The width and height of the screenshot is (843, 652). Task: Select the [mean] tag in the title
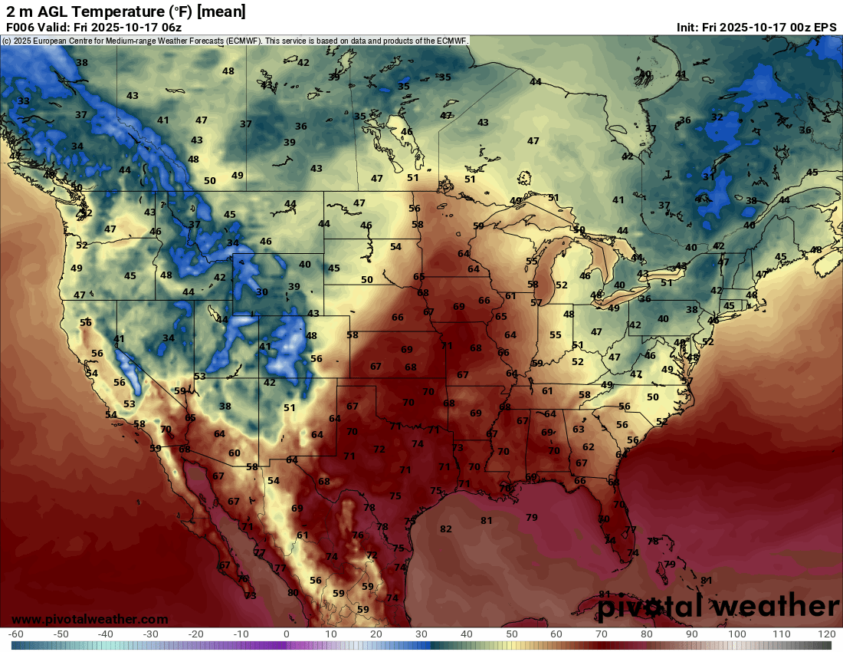[221, 11]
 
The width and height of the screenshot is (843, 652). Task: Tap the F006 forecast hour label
[20, 27]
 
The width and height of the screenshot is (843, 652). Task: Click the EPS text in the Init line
[825, 27]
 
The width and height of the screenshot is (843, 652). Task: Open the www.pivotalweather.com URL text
[90, 619]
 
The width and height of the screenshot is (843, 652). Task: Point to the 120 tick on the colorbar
[826, 634]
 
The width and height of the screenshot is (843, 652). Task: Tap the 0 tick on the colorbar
[286, 634]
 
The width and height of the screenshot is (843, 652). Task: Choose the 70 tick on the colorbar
[602, 634]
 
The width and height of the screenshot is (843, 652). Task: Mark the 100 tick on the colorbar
[736, 634]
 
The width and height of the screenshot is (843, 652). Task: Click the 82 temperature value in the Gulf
[446, 529]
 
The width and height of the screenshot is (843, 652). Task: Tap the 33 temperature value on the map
[24, 100]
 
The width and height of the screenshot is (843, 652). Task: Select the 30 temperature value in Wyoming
[262, 291]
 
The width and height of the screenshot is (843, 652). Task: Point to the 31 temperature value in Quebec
[709, 176]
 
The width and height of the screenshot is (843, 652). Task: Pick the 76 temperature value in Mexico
[358, 535]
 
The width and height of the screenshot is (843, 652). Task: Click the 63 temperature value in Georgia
[579, 430]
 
